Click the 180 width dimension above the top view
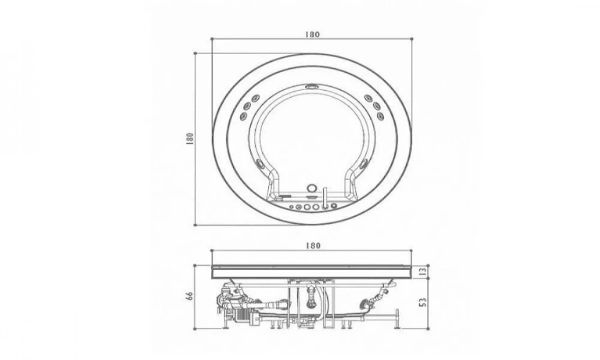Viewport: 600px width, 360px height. (x=313, y=34)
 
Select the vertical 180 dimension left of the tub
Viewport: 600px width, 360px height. (x=189, y=138)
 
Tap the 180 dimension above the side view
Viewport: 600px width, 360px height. (x=313, y=246)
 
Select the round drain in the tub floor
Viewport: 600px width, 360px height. (x=313, y=188)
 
